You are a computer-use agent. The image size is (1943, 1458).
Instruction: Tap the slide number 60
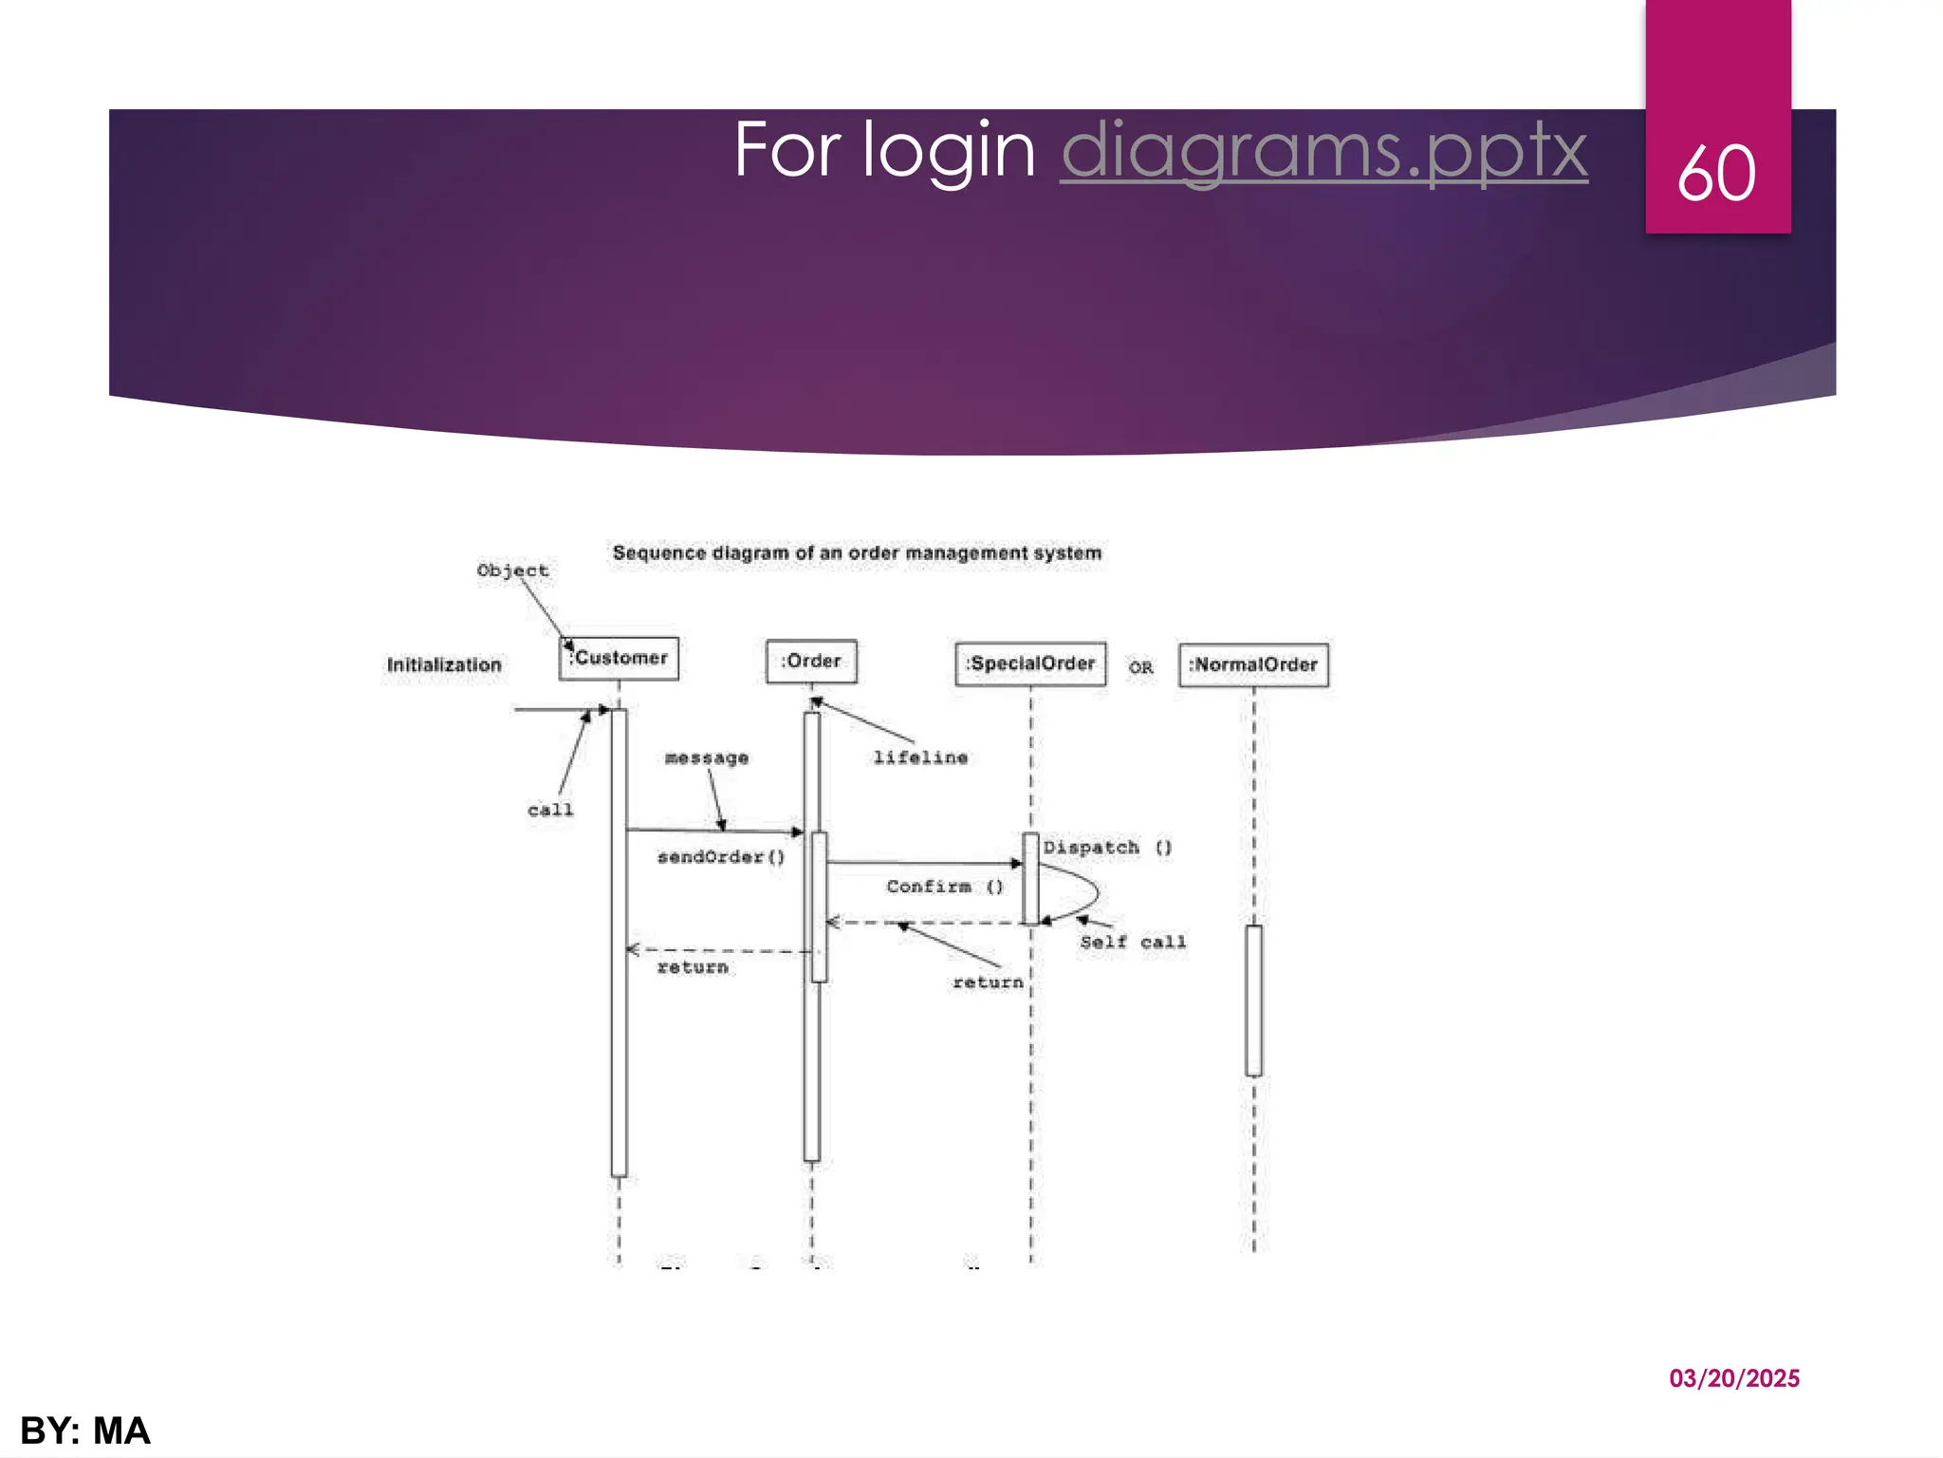click(1716, 174)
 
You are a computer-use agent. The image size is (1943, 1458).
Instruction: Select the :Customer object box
click(619, 658)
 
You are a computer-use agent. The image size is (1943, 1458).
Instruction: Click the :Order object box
click(811, 661)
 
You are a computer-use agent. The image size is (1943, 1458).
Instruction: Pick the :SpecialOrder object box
click(1030, 664)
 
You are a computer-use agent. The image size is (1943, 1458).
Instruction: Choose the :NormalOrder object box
click(1253, 664)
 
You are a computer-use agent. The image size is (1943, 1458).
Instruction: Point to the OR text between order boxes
click(1140, 667)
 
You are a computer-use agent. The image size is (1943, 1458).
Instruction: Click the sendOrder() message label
click(721, 857)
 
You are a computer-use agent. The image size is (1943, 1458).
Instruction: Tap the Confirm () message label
click(944, 887)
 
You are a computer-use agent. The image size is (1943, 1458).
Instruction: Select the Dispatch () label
click(1107, 847)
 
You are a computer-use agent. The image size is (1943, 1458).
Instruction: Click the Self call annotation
click(1133, 942)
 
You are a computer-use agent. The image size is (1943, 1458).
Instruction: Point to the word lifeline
click(920, 757)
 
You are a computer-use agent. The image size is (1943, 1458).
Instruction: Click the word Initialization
click(444, 664)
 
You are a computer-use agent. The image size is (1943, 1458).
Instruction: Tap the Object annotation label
click(512, 570)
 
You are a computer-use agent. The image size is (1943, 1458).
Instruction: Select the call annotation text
click(550, 810)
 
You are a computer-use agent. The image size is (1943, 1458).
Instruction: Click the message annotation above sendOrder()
click(707, 757)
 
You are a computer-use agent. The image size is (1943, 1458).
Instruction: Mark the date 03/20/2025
click(1733, 1378)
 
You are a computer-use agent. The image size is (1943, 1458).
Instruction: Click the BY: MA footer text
click(85, 1430)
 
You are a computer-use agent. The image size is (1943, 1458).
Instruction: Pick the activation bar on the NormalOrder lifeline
click(1253, 1000)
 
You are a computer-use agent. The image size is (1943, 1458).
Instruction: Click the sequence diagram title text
click(857, 552)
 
